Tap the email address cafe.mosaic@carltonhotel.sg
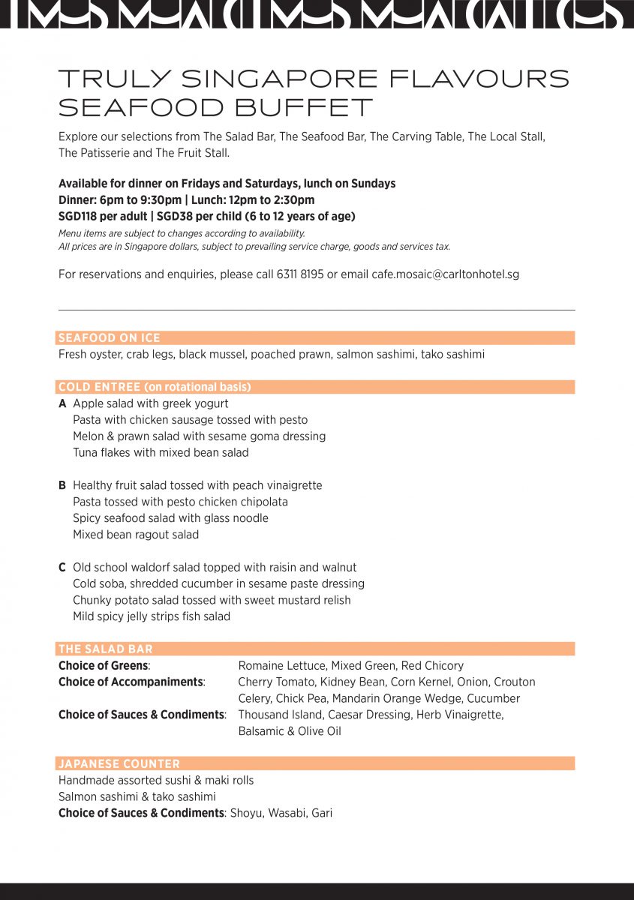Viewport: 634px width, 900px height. [x=445, y=274]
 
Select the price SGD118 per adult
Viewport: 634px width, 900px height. [x=101, y=216]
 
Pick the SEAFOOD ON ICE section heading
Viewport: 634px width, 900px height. [x=109, y=338]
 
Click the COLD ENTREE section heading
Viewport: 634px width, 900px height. [x=154, y=388]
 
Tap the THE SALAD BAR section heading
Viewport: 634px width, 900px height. [x=105, y=649]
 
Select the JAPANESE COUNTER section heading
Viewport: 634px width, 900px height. [x=119, y=763]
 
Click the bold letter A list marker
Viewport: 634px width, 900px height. [x=62, y=403]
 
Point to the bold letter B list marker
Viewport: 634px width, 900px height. [x=62, y=485]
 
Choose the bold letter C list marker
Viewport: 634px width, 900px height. [x=62, y=567]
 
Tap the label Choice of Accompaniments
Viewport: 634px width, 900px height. [x=131, y=682]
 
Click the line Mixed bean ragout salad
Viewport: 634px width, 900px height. [x=135, y=535]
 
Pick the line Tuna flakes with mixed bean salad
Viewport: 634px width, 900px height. [x=161, y=452]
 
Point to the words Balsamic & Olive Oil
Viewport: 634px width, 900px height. [x=289, y=731]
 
